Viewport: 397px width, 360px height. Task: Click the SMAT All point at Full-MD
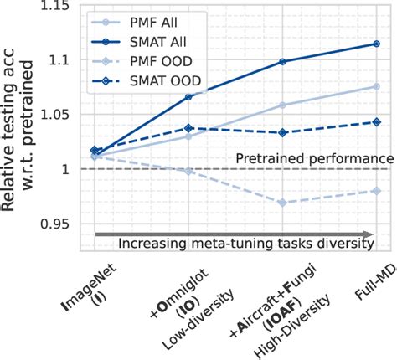tap(376, 44)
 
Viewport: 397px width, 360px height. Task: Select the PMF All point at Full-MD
tap(376, 86)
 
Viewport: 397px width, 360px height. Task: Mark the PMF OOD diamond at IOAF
tap(282, 203)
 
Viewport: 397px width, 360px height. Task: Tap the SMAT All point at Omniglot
tap(188, 97)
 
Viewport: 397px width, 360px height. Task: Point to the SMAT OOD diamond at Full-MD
tap(376, 122)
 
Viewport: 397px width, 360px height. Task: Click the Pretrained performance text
tap(314, 158)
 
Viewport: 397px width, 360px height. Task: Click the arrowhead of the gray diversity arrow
tap(369, 234)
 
